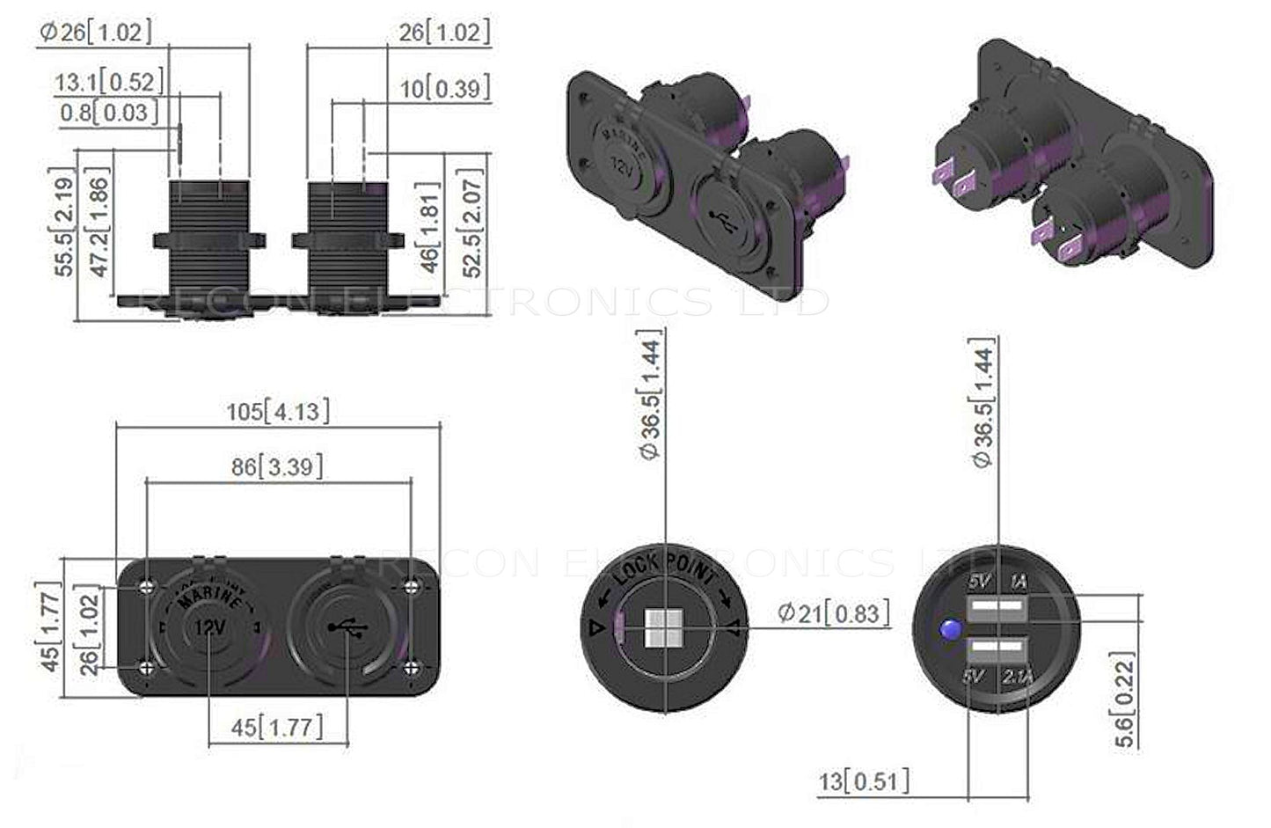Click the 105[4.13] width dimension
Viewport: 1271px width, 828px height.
point(278,411)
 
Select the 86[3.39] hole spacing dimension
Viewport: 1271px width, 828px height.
point(277,465)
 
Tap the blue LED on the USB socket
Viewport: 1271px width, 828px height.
point(949,630)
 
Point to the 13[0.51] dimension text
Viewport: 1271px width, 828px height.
point(864,780)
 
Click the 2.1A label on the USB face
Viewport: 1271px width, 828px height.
point(1016,677)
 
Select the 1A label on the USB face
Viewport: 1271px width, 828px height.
point(1018,581)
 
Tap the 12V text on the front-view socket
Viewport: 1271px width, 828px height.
point(209,627)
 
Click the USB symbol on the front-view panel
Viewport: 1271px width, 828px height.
point(348,627)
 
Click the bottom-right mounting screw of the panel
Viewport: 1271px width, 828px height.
point(410,669)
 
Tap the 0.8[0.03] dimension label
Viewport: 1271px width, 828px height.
point(110,112)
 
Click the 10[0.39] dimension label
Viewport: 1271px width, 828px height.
point(444,88)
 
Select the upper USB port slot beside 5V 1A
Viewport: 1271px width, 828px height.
point(998,607)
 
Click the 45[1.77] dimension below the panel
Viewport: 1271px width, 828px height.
point(277,728)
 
